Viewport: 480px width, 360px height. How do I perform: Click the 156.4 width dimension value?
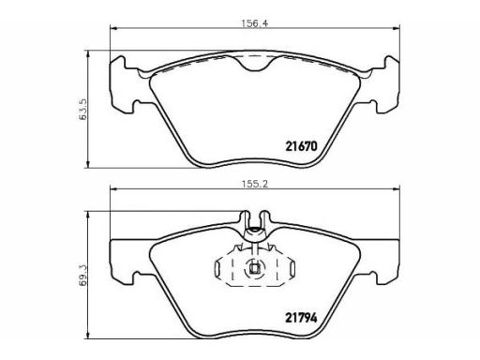point(255,23)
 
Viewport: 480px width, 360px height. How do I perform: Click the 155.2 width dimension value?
point(255,184)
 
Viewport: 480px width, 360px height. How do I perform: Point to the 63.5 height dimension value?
point(83,110)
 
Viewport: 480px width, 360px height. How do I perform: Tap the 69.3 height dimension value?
point(83,275)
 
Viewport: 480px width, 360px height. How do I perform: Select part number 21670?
point(301,146)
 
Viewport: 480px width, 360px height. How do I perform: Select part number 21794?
point(301,318)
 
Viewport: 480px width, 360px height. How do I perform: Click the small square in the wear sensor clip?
point(255,269)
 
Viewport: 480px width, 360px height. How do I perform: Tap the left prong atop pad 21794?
point(246,217)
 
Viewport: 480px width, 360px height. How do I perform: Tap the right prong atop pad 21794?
point(265,217)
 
